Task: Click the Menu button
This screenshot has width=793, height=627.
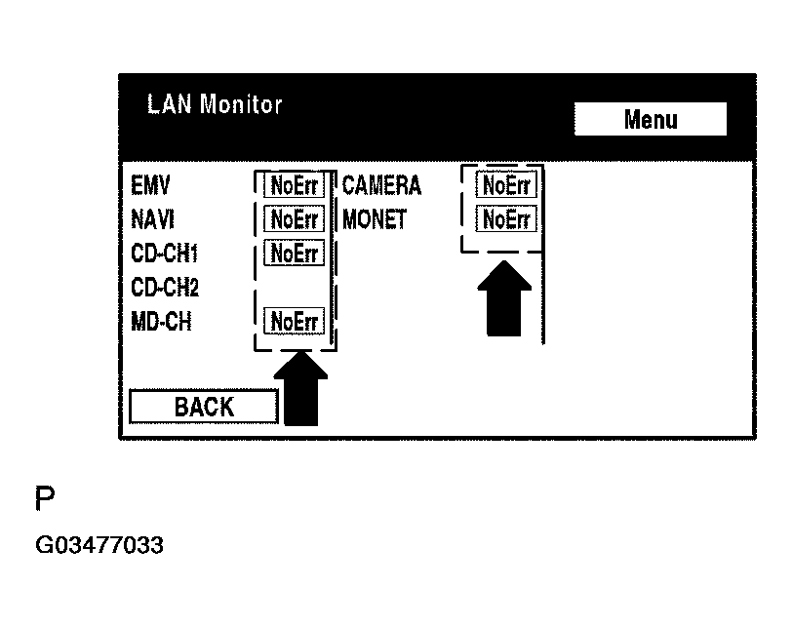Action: [651, 120]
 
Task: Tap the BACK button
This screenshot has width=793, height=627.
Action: [204, 407]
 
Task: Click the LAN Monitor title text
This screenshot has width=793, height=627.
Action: [215, 104]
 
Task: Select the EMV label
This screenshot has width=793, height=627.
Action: [150, 185]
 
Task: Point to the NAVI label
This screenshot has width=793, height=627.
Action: [152, 219]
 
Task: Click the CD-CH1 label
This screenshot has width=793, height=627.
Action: [165, 254]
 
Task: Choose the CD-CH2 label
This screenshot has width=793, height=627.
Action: [165, 288]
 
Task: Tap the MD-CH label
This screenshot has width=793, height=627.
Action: [161, 321]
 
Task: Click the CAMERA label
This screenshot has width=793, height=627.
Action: [381, 185]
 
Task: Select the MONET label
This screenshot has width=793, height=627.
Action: [375, 219]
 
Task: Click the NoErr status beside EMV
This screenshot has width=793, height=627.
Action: [295, 185]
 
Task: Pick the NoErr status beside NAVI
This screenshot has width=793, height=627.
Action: [295, 219]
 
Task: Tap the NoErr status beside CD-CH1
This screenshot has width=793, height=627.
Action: [295, 254]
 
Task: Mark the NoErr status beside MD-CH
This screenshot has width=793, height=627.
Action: [295, 321]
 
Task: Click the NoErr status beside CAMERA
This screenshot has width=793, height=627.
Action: [506, 184]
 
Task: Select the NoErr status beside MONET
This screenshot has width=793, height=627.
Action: [506, 219]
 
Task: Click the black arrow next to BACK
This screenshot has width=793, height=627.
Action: [301, 390]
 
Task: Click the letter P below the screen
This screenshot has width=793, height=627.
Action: [45, 500]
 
